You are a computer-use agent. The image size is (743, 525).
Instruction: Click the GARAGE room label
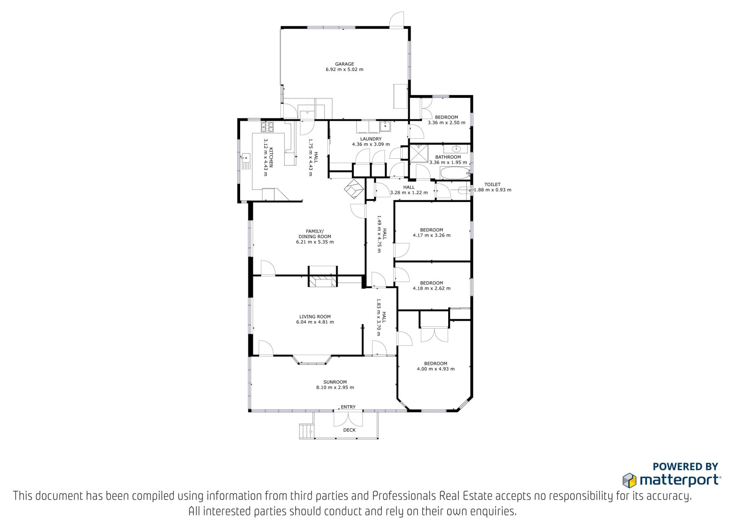coord(344,64)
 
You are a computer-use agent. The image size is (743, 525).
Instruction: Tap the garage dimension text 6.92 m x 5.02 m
coord(344,70)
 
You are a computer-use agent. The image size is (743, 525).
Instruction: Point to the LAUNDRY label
coord(371,139)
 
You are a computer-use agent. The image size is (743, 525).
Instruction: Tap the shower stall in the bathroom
coord(419,154)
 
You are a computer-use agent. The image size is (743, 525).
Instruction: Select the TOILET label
coord(493,184)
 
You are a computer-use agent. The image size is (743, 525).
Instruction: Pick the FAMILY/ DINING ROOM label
coord(315,234)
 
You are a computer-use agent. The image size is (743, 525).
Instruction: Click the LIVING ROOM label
coord(315,317)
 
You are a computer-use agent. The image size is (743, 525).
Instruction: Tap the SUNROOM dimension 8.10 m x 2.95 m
coord(335,387)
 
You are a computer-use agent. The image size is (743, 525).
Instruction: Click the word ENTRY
coord(348,407)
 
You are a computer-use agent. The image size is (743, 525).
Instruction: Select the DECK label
coord(349,430)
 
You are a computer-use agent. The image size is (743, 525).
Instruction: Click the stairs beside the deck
coord(306,432)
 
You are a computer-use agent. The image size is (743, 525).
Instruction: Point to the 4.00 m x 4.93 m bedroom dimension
coord(436,369)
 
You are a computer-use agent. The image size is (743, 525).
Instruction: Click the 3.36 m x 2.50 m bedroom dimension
coord(446,123)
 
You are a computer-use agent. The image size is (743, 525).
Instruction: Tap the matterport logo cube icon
coord(629,480)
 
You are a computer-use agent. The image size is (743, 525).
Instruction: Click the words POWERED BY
coord(685,467)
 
